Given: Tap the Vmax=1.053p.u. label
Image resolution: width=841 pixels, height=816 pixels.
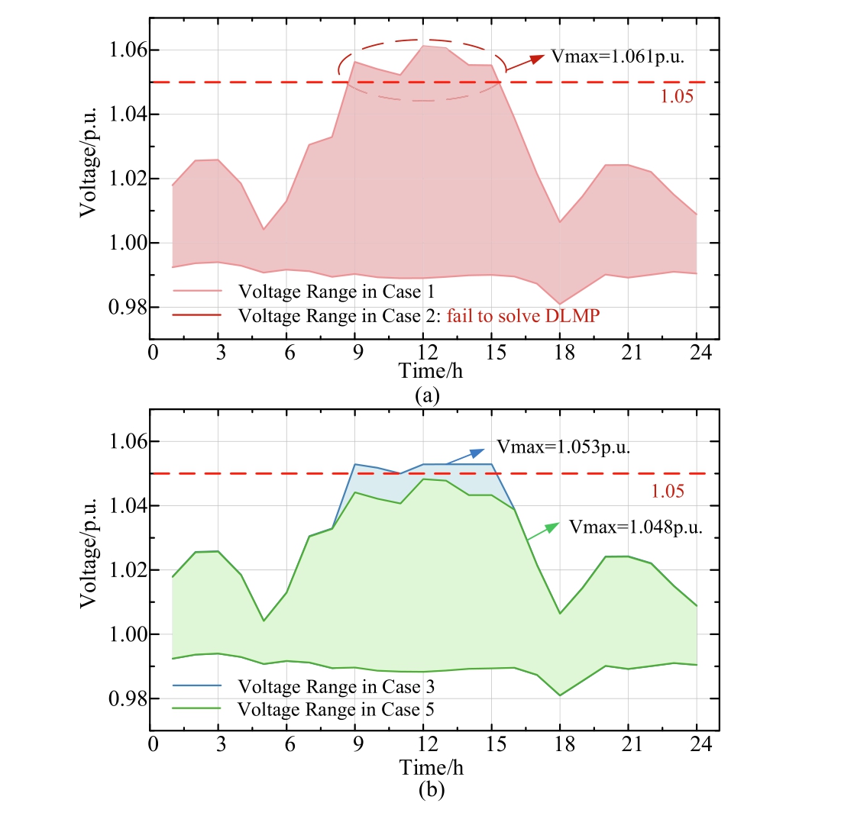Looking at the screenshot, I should (563, 448).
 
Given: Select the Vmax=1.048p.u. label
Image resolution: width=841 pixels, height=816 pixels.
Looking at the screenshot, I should (636, 527).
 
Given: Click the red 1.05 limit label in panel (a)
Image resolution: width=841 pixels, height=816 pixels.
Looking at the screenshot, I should (676, 97).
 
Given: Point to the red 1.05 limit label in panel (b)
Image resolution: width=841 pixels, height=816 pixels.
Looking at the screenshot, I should (667, 491).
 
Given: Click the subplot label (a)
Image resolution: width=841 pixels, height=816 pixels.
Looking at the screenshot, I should (425, 395).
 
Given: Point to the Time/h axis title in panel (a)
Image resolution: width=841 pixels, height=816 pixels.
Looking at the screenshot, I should (430, 372).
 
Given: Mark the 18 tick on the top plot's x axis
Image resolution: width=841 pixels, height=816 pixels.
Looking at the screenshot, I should (560, 353).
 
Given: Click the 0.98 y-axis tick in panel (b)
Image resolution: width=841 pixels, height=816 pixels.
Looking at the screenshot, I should (121, 699).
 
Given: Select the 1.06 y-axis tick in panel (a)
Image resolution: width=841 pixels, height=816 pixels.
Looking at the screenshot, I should (121, 50).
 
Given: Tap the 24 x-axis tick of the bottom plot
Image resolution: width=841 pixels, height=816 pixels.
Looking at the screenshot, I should (696, 745).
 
